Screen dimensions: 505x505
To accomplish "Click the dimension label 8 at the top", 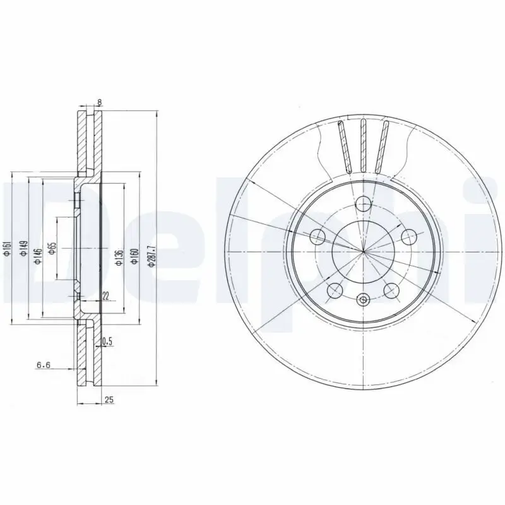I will tap(99, 102).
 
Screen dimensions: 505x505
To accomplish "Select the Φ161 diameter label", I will tap(6, 247).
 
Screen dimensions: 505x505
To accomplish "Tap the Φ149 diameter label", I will tap(22, 247).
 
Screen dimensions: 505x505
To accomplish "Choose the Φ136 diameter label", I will tap(119, 258).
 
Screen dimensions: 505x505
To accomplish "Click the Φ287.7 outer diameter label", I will tap(151, 256).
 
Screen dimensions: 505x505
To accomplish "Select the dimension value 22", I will tap(105, 295).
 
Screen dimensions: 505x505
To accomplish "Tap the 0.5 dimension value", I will tap(107, 342).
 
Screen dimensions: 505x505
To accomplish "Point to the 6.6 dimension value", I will tap(44, 365).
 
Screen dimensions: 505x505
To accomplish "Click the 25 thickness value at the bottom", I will tap(109, 400).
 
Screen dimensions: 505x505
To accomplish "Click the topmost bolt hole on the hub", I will tap(363, 203).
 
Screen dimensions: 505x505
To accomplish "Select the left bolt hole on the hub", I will tap(318, 237).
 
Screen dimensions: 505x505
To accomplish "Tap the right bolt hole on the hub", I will tap(409, 237).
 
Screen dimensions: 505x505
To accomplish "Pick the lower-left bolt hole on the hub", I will tap(335, 290).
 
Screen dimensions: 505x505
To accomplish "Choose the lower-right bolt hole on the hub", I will tap(391, 290).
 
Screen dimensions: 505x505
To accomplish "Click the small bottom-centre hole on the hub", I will tap(363, 300).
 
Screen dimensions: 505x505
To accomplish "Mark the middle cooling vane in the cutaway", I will tap(363, 145).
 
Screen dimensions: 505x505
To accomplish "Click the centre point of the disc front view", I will tap(364, 251).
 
